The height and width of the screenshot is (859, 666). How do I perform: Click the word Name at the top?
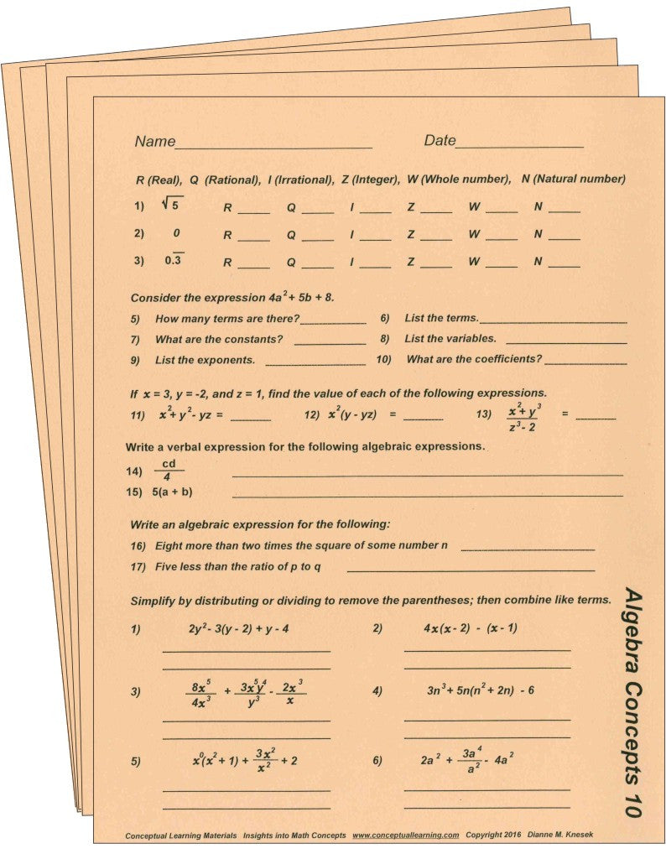coord(155,141)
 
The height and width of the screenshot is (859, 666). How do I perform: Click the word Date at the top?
coord(440,141)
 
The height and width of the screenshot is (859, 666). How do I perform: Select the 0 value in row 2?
coord(176,233)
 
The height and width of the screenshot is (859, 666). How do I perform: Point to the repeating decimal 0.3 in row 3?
coord(175,261)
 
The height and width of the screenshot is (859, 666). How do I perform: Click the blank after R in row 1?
coord(254,211)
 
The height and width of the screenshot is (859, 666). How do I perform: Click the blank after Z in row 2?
coord(436,239)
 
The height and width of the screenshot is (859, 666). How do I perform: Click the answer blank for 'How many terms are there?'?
coord(333,321)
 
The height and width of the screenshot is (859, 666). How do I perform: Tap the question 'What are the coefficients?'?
coord(474,359)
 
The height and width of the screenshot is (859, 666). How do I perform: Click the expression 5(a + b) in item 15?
coord(178,492)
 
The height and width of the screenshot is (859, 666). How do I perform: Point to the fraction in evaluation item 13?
coord(525,417)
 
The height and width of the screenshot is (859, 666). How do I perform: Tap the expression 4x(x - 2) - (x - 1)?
coord(471,627)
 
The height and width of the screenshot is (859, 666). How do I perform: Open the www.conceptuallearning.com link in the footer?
coord(405,836)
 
